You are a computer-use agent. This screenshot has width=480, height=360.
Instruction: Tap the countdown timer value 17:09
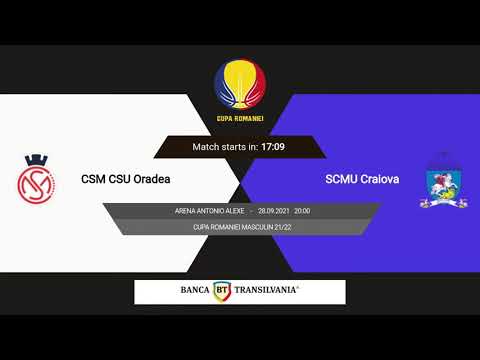[x=273, y=147]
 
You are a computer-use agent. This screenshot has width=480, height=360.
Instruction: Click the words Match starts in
[x=225, y=147]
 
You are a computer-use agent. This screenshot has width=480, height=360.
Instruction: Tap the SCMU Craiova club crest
[x=440, y=181]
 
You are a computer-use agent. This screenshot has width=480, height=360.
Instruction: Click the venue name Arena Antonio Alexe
[x=210, y=212]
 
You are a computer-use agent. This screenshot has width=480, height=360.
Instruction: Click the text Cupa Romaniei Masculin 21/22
[x=240, y=227]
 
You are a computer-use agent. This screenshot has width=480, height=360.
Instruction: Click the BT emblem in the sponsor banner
[x=222, y=291]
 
